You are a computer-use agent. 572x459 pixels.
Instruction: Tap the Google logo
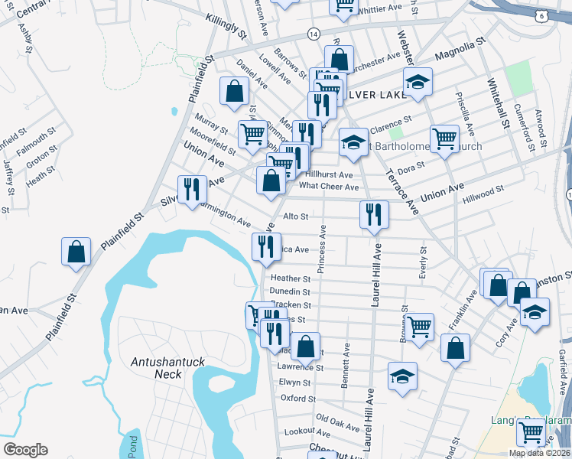click(x=25, y=449)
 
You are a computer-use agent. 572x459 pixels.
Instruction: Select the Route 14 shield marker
click(x=314, y=34)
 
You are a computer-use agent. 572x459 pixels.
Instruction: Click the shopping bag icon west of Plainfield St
click(x=76, y=252)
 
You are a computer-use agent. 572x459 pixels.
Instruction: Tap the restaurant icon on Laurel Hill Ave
click(x=372, y=214)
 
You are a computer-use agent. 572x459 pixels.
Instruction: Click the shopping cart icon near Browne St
click(x=420, y=327)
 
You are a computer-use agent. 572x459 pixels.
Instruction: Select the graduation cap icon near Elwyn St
click(x=402, y=376)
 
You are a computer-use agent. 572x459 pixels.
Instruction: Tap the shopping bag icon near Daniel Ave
click(x=233, y=91)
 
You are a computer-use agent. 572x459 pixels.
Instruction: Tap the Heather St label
click(x=291, y=279)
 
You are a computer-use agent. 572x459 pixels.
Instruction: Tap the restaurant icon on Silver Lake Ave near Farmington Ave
click(x=192, y=188)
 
